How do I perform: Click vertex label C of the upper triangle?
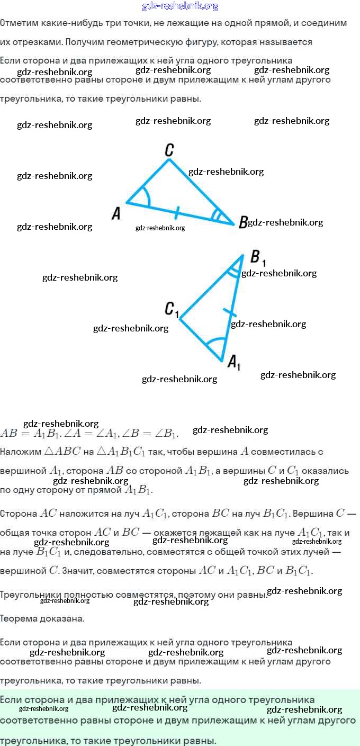(169, 150)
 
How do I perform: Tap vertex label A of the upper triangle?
(116, 213)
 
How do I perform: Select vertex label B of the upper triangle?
(243, 222)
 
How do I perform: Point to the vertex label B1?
(257, 259)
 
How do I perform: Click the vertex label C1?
(172, 309)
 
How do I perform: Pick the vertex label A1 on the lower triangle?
(234, 363)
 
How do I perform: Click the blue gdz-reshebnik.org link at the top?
(180, 6)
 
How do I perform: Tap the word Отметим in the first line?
(17, 23)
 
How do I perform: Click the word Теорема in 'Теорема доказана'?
(19, 618)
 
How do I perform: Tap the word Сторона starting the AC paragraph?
(19, 514)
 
